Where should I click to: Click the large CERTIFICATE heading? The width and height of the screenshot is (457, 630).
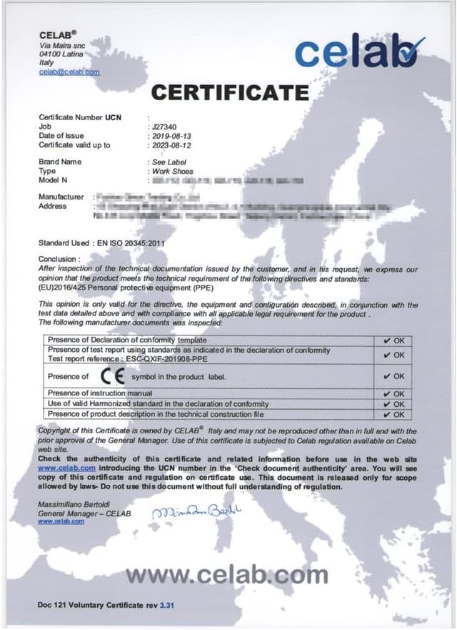[x=230, y=92]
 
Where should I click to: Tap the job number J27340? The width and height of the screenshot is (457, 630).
[x=164, y=126]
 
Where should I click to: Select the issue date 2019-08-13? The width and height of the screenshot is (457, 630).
[x=171, y=135]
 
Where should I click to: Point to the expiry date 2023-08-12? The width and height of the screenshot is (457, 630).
[x=171, y=144]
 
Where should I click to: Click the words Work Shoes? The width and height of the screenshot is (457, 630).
[x=169, y=172]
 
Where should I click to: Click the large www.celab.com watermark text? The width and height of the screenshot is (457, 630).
[x=227, y=573]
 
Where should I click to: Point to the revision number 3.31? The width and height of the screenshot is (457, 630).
[x=167, y=605]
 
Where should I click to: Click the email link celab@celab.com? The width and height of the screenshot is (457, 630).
[x=69, y=72]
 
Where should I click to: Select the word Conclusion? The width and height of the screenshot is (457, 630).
[x=58, y=259]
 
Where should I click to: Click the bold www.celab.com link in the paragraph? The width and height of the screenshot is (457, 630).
[x=66, y=468]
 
